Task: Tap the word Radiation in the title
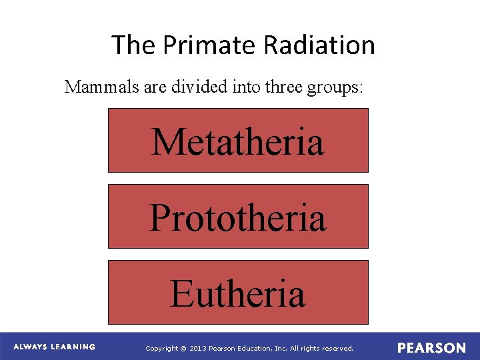coord(319,45)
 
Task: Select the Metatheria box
coord(238,141)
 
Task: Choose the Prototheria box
coord(238,217)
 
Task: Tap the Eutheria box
coord(238,293)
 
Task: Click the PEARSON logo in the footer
coord(431,348)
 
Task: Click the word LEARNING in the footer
coord(74,347)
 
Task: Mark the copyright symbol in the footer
coord(185,349)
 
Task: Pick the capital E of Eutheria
coord(181,293)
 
